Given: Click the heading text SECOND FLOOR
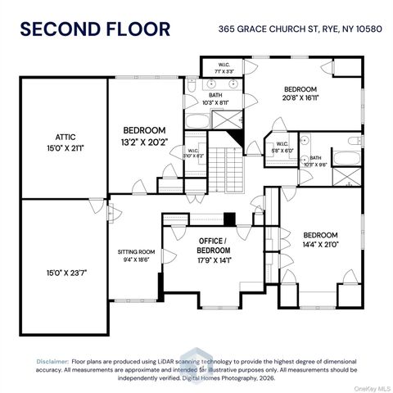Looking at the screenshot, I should pos(95,29).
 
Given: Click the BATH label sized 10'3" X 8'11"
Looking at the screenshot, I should pos(215,99).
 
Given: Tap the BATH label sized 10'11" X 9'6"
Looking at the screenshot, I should pos(314,160).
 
